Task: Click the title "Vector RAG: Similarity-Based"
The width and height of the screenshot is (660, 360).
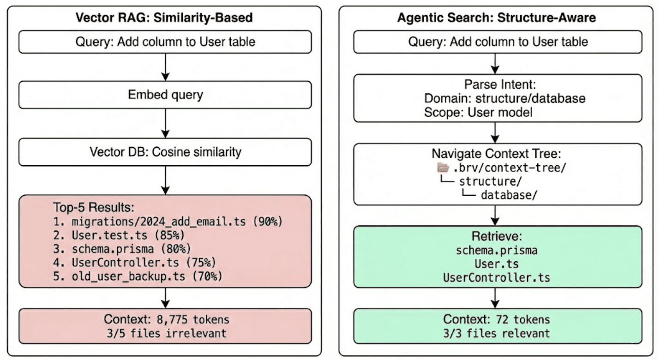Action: tap(165, 18)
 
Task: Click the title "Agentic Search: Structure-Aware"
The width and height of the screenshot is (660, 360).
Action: tap(497, 18)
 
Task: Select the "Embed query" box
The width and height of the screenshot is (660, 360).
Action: tap(165, 95)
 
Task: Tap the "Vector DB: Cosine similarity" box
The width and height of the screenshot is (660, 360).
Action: tap(165, 152)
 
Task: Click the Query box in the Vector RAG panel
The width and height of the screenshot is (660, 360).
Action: tap(165, 42)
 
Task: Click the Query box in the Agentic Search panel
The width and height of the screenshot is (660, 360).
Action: tap(498, 42)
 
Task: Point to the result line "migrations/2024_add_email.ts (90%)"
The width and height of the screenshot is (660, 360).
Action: tap(176, 222)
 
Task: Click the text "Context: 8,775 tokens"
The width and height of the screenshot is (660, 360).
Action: tap(166, 319)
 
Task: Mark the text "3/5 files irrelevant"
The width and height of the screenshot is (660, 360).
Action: tap(166, 332)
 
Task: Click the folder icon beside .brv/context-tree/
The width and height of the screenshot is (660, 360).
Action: tap(443, 167)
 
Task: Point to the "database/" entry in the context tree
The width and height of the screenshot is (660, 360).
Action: tap(509, 195)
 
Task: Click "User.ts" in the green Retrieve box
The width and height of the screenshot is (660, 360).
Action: tap(497, 264)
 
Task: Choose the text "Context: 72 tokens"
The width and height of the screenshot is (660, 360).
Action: tap(497, 319)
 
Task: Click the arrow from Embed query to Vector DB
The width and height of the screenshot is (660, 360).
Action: tap(165, 124)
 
